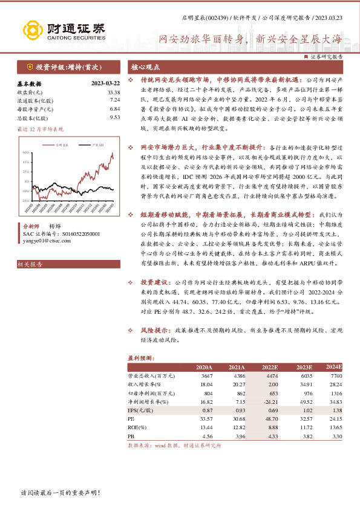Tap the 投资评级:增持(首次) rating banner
tap(67, 67)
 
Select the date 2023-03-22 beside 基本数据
tap(105, 83)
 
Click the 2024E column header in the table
tap(333, 367)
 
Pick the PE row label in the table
tap(131, 418)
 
